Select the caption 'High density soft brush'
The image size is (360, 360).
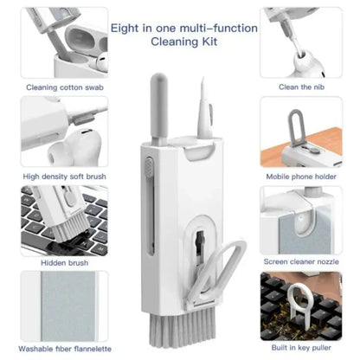click(64, 177)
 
